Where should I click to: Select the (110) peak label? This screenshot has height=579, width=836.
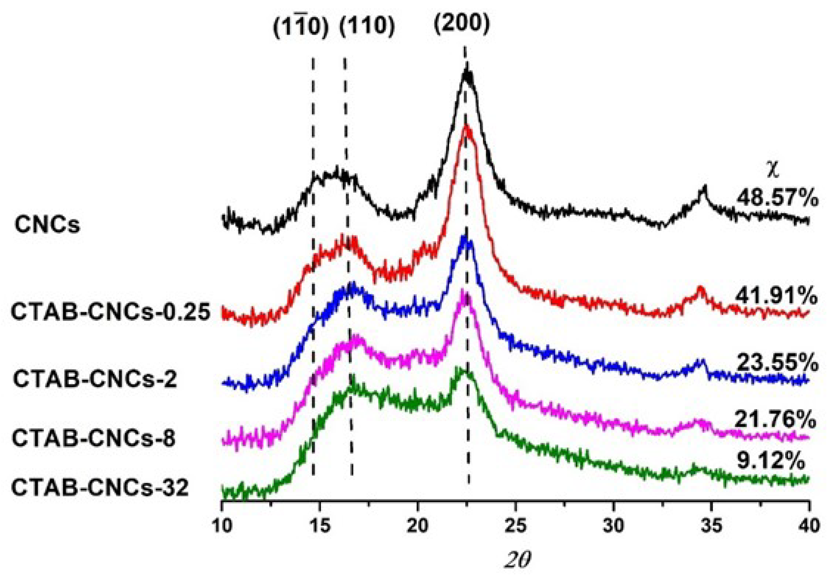coord(367,29)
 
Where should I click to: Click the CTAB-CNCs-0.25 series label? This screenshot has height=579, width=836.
coord(111,313)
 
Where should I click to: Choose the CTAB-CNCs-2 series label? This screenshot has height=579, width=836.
coord(95,379)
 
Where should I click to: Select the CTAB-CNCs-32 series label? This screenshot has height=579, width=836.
coord(100,488)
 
